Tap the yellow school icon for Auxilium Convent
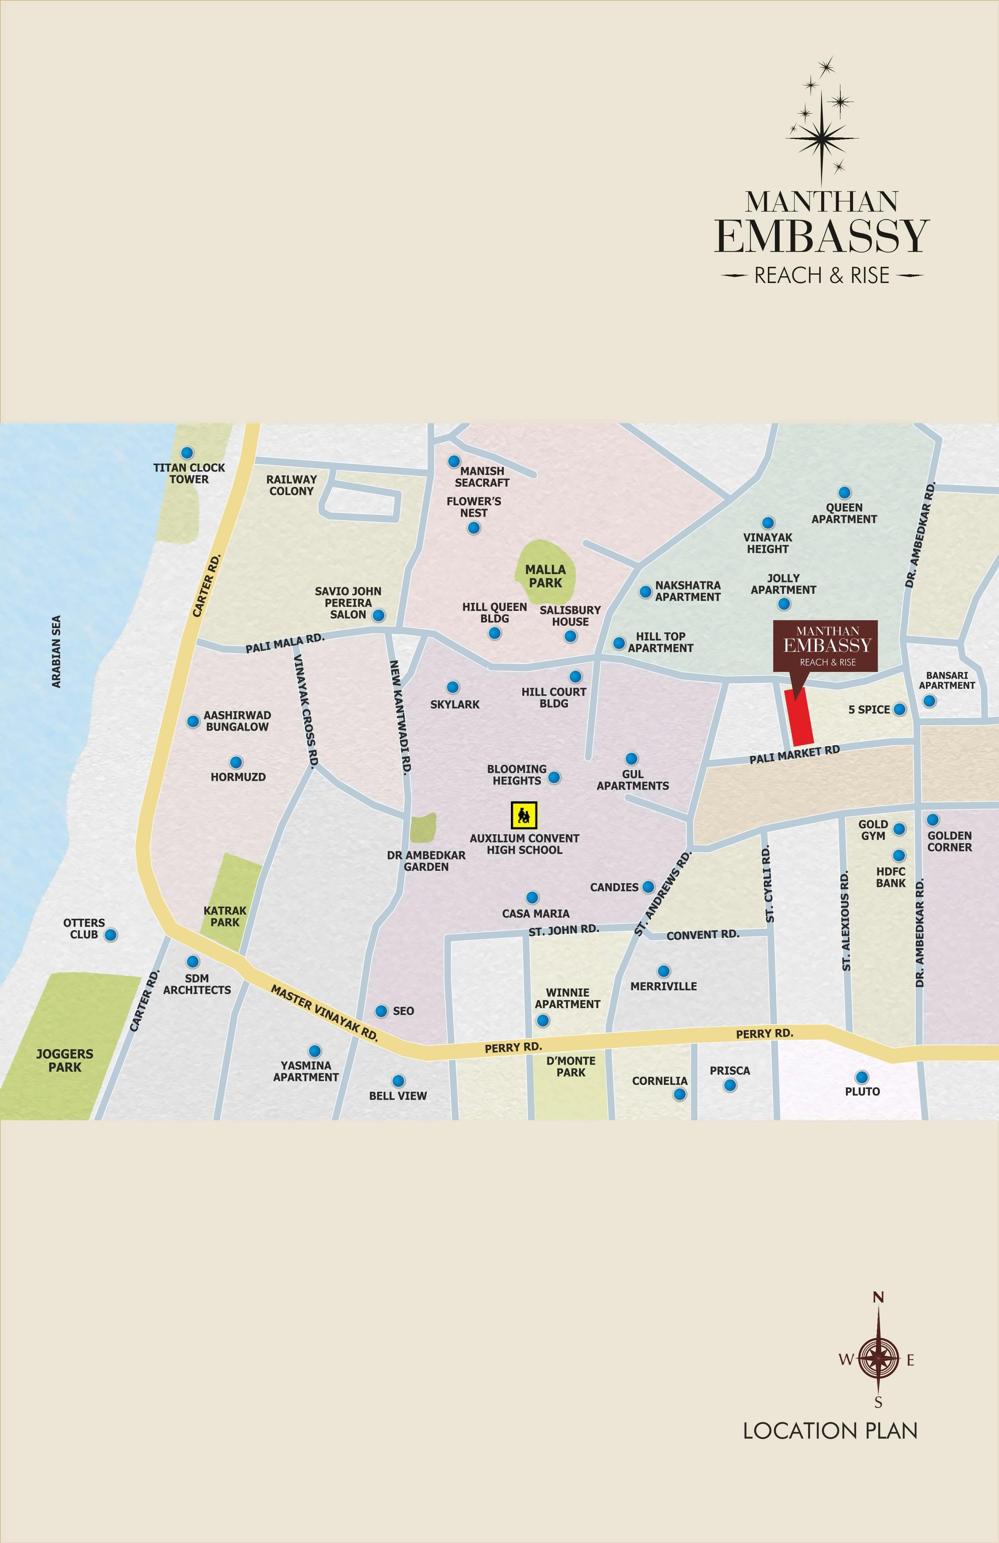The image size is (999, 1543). [x=524, y=815]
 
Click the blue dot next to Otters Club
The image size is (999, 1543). [x=111, y=935]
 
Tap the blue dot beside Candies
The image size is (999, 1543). [x=648, y=887]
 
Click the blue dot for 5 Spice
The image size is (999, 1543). [x=899, y=709]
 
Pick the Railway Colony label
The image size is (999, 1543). [x=291, y=485]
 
